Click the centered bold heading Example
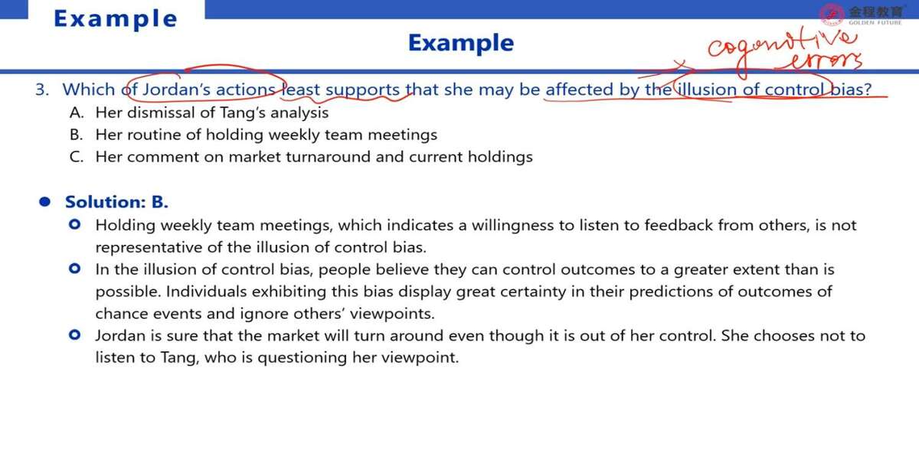point(461,43)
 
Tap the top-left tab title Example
point(116,19)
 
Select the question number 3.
point(42,90)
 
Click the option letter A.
point(77,112)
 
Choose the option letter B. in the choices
point(77,135)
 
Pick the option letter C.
point(77,157)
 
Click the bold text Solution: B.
point(116,202)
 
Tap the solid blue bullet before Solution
point(44,202)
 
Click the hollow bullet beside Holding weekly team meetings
point(75,225)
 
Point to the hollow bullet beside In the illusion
point(75,269)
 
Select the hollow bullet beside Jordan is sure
point(75,335)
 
